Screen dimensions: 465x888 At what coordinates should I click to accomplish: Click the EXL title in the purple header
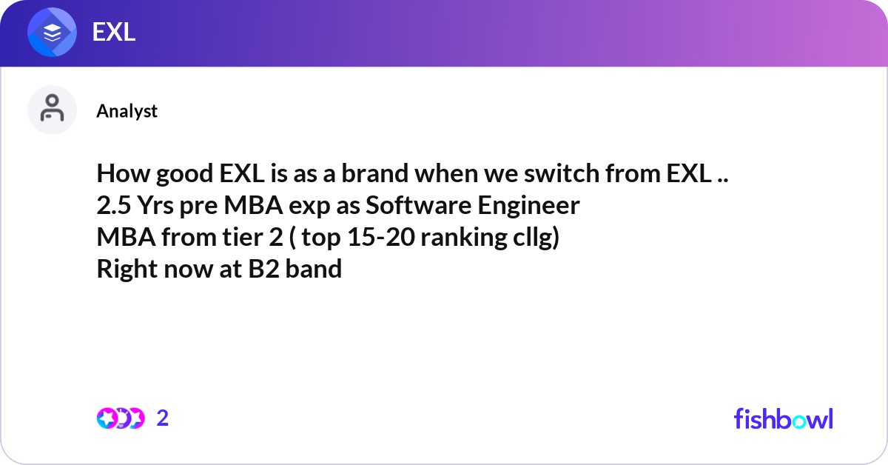(x=113, y=32)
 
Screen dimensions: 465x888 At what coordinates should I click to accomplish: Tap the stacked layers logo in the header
(x=53, y=33)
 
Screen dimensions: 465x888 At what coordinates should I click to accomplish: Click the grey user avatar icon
(x=52, y=110)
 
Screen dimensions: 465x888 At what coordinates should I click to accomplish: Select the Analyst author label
(x=127, y=110)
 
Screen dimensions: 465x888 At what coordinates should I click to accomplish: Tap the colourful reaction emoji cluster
(x=120, y=418)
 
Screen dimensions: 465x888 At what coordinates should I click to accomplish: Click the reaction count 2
(x=163, y=418)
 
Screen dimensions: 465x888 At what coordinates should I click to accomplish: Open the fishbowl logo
(x=783, y=418)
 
